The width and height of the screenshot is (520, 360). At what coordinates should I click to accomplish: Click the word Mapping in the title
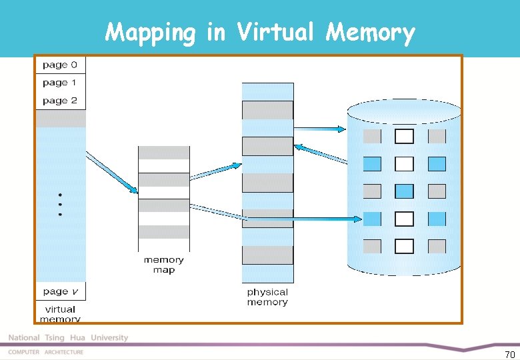[x=151, y=33]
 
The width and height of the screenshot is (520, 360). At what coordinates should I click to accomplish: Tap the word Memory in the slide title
[x=370, y=33]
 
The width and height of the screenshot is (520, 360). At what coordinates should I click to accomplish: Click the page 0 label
[x=60, y=65]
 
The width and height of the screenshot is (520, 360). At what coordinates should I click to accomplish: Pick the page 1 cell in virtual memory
[x=60, y=83]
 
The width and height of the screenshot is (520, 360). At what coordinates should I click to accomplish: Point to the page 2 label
[x=60, y=101]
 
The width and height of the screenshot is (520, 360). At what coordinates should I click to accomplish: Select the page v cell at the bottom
[x=60, y=291]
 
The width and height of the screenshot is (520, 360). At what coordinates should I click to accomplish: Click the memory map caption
[x=163, y=265]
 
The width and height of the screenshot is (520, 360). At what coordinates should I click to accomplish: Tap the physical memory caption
[x=267, y=297]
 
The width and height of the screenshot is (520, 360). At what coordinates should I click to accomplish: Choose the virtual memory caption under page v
[x=60, y=313]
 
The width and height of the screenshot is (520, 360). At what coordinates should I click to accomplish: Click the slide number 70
[x=509, y=354]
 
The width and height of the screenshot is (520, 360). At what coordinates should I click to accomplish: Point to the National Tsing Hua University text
[x=68, y=338]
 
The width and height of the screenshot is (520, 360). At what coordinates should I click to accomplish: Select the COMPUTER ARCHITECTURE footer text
[x=46, y=352]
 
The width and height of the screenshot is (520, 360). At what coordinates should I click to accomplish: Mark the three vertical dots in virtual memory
[x=60, y=205]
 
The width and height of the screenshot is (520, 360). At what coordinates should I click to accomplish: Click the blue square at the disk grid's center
[x=404, y=191]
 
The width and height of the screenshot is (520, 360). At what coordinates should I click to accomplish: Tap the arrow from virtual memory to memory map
[x=111, y=173]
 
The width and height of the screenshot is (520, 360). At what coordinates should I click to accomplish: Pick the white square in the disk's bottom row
[x=404, y=246]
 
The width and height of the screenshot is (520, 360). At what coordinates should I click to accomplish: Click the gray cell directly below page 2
[x=60, y=119]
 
